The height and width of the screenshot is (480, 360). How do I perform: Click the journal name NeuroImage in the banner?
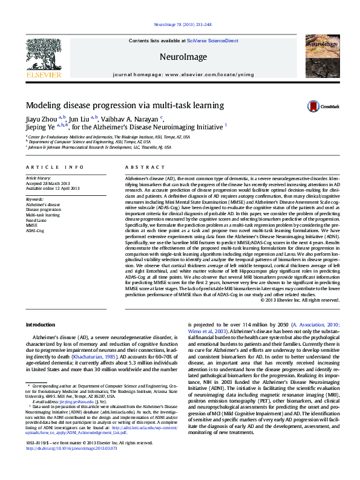180,56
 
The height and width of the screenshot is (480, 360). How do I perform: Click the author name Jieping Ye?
40,128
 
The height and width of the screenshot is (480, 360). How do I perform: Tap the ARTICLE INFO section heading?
55,166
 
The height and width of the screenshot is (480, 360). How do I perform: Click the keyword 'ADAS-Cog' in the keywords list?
35,230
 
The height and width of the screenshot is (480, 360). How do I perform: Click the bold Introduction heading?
40,325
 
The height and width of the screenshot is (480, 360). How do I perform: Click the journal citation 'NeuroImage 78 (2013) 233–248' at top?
180,25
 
